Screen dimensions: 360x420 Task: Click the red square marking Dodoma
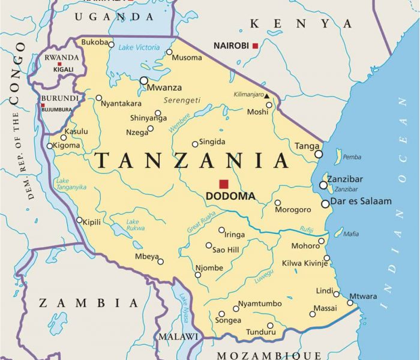coord(224,184)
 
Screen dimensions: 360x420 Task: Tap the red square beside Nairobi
coord(255,46)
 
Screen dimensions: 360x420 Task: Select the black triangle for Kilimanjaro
coord(266,96)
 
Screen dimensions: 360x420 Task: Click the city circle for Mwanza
coord(144,80)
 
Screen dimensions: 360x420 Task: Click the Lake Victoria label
coord(139,47)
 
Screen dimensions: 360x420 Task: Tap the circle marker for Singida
coord(195,144)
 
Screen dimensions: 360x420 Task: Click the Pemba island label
coord(352,157)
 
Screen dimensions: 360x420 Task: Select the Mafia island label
coord(351,234)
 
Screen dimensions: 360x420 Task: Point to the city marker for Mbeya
coord(160,261)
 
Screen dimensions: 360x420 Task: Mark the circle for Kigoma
coord(50,146)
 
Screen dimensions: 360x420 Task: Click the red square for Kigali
coord(59,64)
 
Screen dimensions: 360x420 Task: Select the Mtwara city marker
coord(350,302)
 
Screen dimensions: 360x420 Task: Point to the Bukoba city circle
coord(112,43)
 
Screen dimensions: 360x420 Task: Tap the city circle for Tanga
coord(319,154)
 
